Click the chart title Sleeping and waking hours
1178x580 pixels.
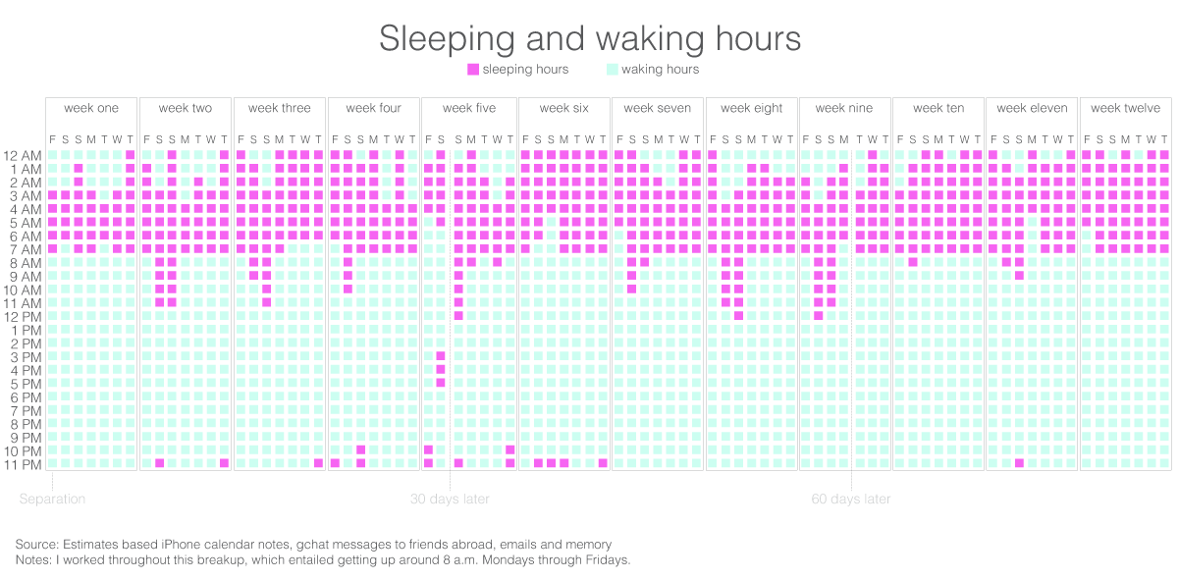[x=590, y=38]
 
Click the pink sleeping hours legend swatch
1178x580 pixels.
[x=473, y=70]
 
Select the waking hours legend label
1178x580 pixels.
[x=660, y=70]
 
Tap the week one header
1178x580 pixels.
[x=91, y=108]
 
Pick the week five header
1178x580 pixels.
[x=469, y=108]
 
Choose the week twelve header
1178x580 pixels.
[x=1125, y=108]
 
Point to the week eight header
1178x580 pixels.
[x=752, y=108]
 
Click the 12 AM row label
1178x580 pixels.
[x=24, y=156]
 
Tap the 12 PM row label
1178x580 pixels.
[x=24, y=317]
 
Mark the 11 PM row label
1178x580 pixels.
[x=24, y=464]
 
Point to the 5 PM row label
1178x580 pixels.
[x=27, y=384]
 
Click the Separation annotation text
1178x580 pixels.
[x=52, y=499]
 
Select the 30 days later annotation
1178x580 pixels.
[x=450, y=499]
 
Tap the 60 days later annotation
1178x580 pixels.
[x=851, y=499]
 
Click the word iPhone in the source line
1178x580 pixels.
[x=185, y=544]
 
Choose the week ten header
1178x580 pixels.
[x=938, y=108]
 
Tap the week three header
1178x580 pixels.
[x=280, y=108]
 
